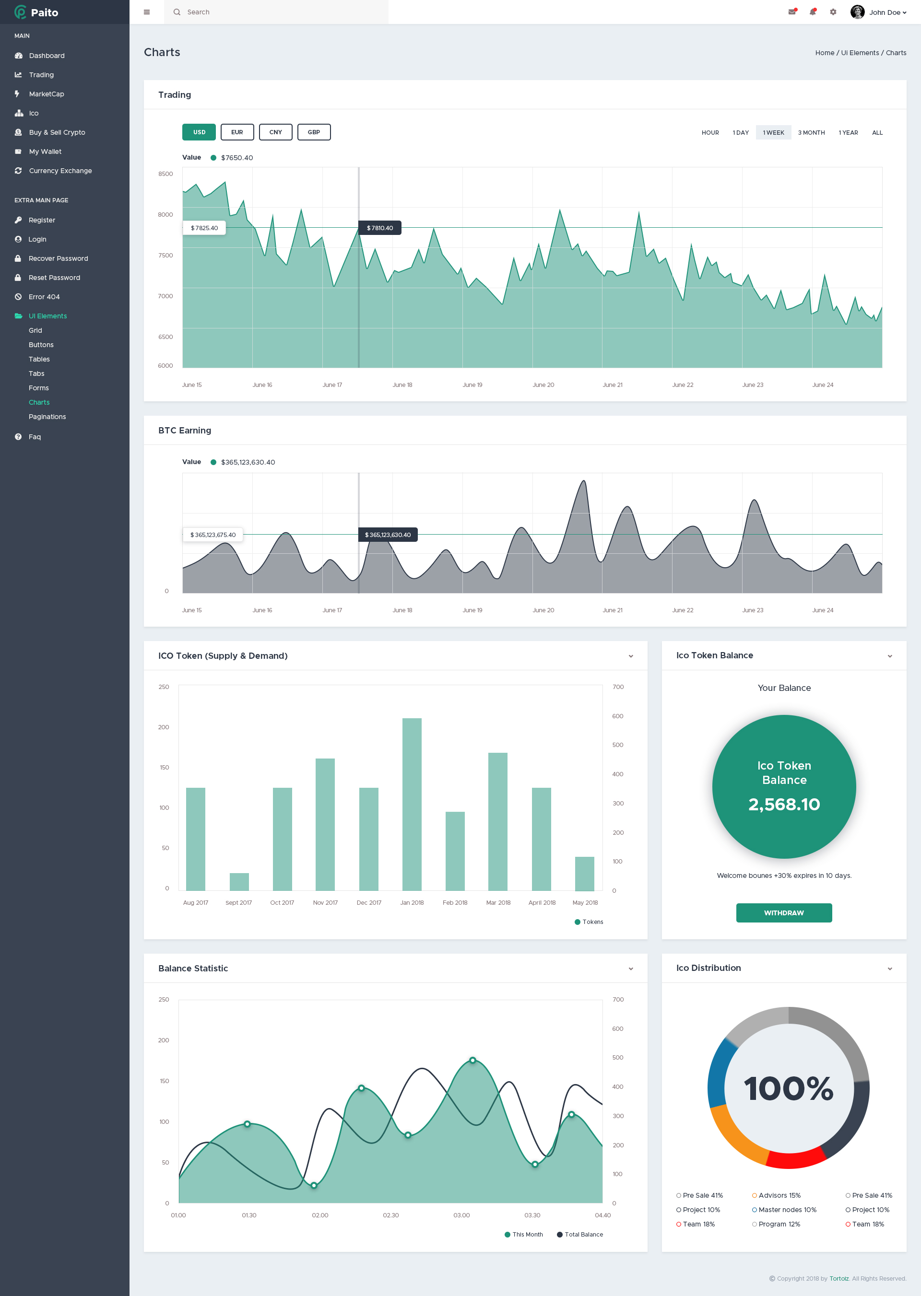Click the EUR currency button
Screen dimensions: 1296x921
coord(237,132)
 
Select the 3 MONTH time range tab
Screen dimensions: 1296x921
coord(811,133)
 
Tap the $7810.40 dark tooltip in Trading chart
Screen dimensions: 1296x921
coord(379,228)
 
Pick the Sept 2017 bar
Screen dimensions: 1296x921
coord(239,882)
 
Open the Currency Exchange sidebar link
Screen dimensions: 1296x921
coord(60,171)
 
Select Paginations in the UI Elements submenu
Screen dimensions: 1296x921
coord(47,417)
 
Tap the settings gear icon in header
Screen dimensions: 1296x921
coord(833,12)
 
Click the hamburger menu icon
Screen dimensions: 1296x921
coord(147,12)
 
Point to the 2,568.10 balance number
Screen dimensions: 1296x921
coord(784,804)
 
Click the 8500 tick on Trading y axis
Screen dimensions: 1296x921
coord(165,174)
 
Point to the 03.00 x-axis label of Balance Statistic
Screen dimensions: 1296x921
coord(461,1215)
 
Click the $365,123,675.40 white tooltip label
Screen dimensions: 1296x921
coord(213,535)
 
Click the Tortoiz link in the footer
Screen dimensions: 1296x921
coord(839,1278)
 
